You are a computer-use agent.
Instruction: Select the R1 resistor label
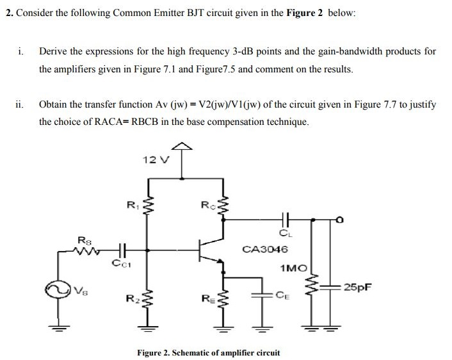click(x=131, y=205)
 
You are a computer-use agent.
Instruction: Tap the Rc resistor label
click(x=206, y=206)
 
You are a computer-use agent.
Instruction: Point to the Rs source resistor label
click(x=84, y=240)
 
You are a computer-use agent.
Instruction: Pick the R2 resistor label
click(x=131, y=299)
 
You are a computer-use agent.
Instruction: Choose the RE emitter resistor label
click(x=207, y=299)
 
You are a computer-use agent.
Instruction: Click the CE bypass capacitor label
click(x=284, y=295)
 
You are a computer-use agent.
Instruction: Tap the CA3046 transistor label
click(x=265, y=249)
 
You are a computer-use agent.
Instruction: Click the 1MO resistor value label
click(x=293, y=270)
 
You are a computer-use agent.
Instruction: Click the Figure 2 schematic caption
click(x=209, y=352)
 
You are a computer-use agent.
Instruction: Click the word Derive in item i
click(x=53, y=51)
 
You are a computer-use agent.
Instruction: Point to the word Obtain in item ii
click(x=54, y=104)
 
